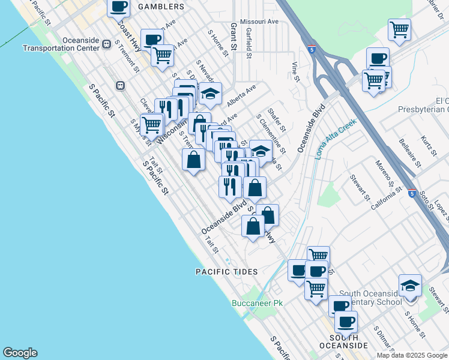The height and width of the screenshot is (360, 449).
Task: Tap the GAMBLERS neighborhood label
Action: [160, 7]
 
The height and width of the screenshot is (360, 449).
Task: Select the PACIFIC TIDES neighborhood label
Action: [226, 272]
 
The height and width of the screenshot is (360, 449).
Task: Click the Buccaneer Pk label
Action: [257, 303]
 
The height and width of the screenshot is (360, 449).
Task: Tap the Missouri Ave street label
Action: [259, 22]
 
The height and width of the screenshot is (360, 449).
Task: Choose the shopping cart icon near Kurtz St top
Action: [399, 29]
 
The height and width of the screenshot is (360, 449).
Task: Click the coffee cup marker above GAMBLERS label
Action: [118, 7]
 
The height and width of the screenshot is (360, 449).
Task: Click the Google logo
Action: [20, 353]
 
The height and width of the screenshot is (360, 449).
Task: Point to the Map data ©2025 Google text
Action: [412, 355]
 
